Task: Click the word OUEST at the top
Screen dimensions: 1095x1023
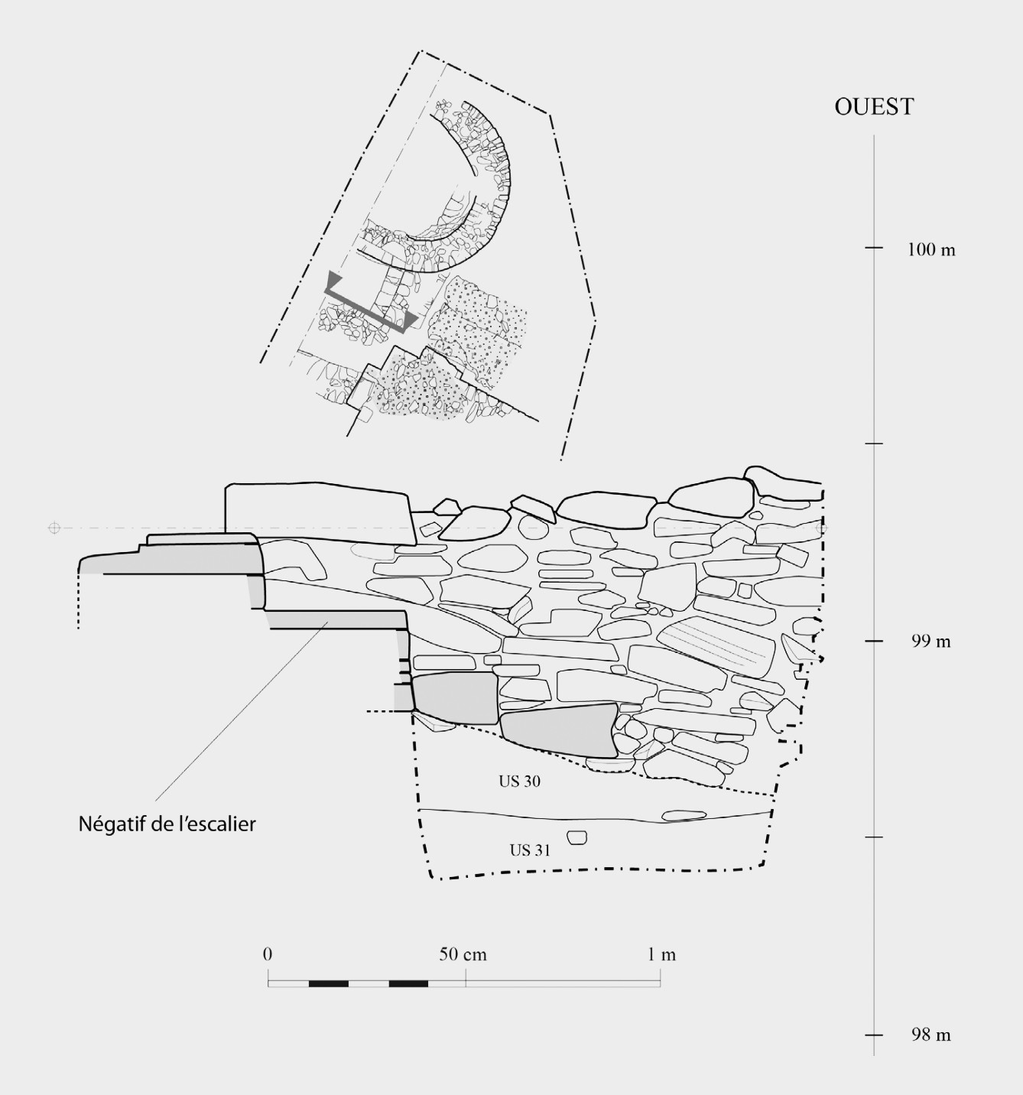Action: [874, 106]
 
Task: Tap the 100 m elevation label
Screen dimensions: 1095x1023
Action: [930, 249]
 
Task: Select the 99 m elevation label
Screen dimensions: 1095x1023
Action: [930, 642]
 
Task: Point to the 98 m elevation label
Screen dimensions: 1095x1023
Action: [930, 1035]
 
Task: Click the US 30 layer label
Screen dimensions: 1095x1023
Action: [519, 781]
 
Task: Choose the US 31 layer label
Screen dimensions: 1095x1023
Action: [530, 850]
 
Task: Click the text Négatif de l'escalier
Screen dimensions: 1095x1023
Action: [167, 824]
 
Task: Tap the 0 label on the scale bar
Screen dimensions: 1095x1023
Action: [267, 954]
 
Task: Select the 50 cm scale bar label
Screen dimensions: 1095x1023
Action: [463, 954]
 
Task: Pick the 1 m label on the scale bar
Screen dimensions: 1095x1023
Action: [662, 954]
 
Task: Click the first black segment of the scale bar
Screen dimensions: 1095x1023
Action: [329, 983]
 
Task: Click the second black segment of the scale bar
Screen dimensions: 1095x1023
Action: [408, 983]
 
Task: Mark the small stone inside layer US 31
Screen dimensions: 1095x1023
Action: [577, 837]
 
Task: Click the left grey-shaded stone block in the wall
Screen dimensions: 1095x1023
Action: [455, 698]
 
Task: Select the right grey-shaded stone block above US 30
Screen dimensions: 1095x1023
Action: [559, 730]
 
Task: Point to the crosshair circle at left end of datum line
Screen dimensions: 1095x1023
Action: [54, 528]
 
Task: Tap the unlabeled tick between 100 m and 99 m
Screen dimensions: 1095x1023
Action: [874, 444]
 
